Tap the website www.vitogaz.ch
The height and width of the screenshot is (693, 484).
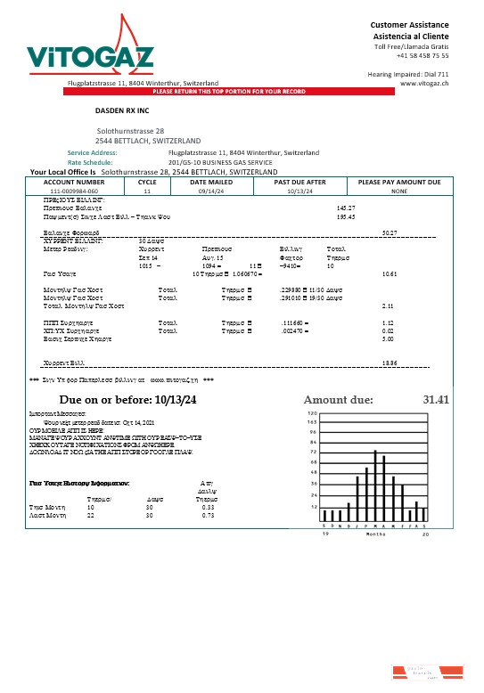pos(423,82)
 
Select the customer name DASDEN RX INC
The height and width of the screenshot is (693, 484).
pos(125,113)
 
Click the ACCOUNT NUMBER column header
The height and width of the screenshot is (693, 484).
pos(73,182)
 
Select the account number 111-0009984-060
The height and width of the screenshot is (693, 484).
pos(73,191)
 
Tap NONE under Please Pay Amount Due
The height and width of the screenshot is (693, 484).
pos(398,191)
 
